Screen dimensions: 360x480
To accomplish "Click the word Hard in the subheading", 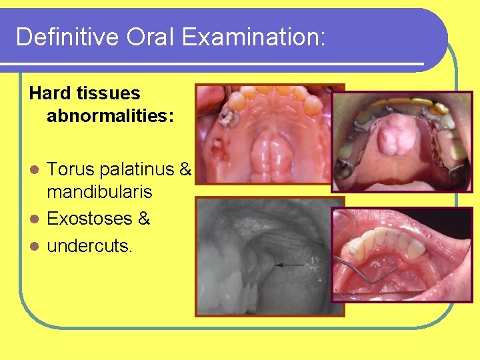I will point(49,93).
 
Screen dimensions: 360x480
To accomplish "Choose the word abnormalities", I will point(110,117).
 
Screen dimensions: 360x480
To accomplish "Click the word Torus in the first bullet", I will point(71,170).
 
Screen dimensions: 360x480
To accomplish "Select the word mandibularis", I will point(99,193).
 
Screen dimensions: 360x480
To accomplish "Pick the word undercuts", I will point(89,245).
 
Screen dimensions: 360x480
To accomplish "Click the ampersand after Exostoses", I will point(143,218).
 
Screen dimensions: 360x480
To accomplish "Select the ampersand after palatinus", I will point(186,170).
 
